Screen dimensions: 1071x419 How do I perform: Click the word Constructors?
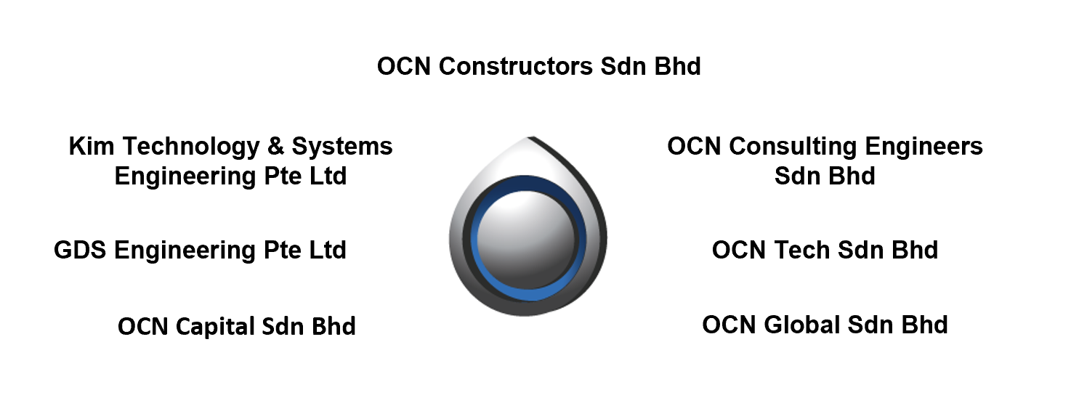pos(516,66)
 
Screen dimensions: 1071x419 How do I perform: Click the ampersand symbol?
pos(275,146)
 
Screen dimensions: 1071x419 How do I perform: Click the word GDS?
pos(80,250)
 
